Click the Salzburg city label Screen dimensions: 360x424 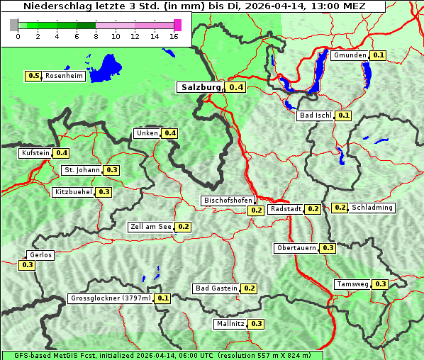(x=201, y=87)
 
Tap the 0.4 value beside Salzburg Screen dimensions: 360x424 (x=236, y=88)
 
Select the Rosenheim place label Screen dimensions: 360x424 (x=64, y=76)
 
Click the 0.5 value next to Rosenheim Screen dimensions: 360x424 (x=33, y=76)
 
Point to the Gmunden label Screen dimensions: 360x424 (x=350, y=55)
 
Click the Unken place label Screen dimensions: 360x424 (x=147, y=133)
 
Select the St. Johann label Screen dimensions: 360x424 (x=82, y=170)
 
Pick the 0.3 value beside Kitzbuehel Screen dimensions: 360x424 (x=104, y=192)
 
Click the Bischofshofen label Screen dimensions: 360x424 (x=228, y=201)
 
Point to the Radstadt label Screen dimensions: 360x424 (x=286, y=209)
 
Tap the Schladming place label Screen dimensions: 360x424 (x=372, y=208)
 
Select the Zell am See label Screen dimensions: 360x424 (x=151, y=227)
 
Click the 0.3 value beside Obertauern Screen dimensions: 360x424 (x=328, y=248)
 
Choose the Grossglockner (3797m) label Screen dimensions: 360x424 (x=111, y=298)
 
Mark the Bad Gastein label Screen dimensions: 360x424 (x=216, y=288)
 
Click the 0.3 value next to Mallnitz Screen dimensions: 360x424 (x=257, y=324)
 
